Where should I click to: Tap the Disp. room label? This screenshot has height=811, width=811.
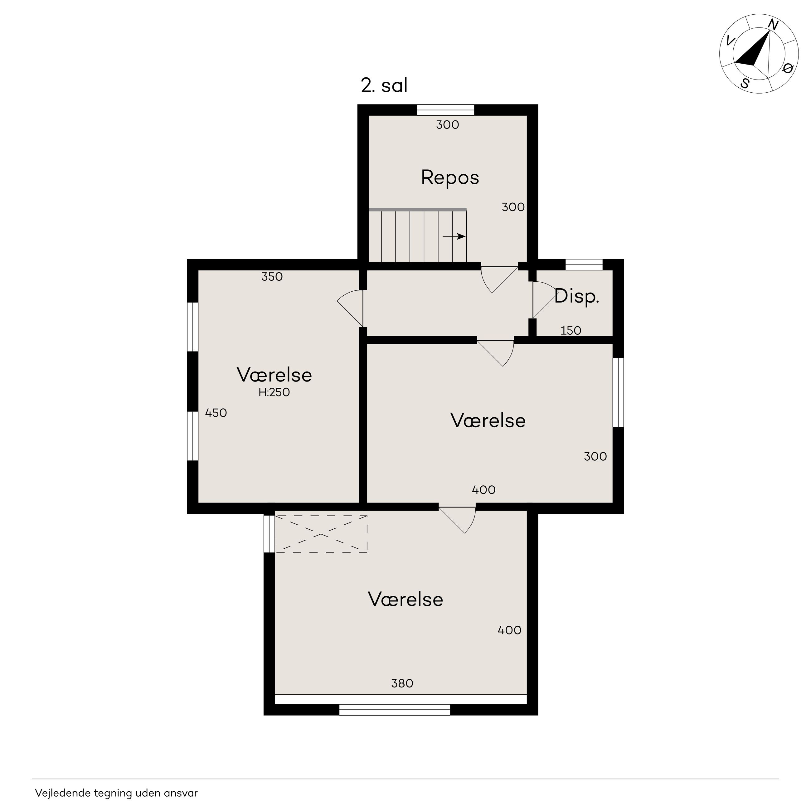coord(576,297)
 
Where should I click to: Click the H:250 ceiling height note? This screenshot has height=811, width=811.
coord(274,392)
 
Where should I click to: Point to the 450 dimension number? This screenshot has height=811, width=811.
coord(216,413)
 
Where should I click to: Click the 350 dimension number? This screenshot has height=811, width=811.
coord(272,277)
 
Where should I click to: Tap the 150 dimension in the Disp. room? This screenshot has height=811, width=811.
coord(571,331)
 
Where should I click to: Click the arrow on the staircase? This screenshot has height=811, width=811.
coord(454,236)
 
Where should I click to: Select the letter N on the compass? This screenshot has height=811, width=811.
coord(773,25)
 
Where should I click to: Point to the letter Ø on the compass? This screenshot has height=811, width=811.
coord(788,68)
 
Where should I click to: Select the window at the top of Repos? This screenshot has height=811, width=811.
coord(445,109)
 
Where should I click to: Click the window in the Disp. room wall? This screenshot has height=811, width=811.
coord(584,265)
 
